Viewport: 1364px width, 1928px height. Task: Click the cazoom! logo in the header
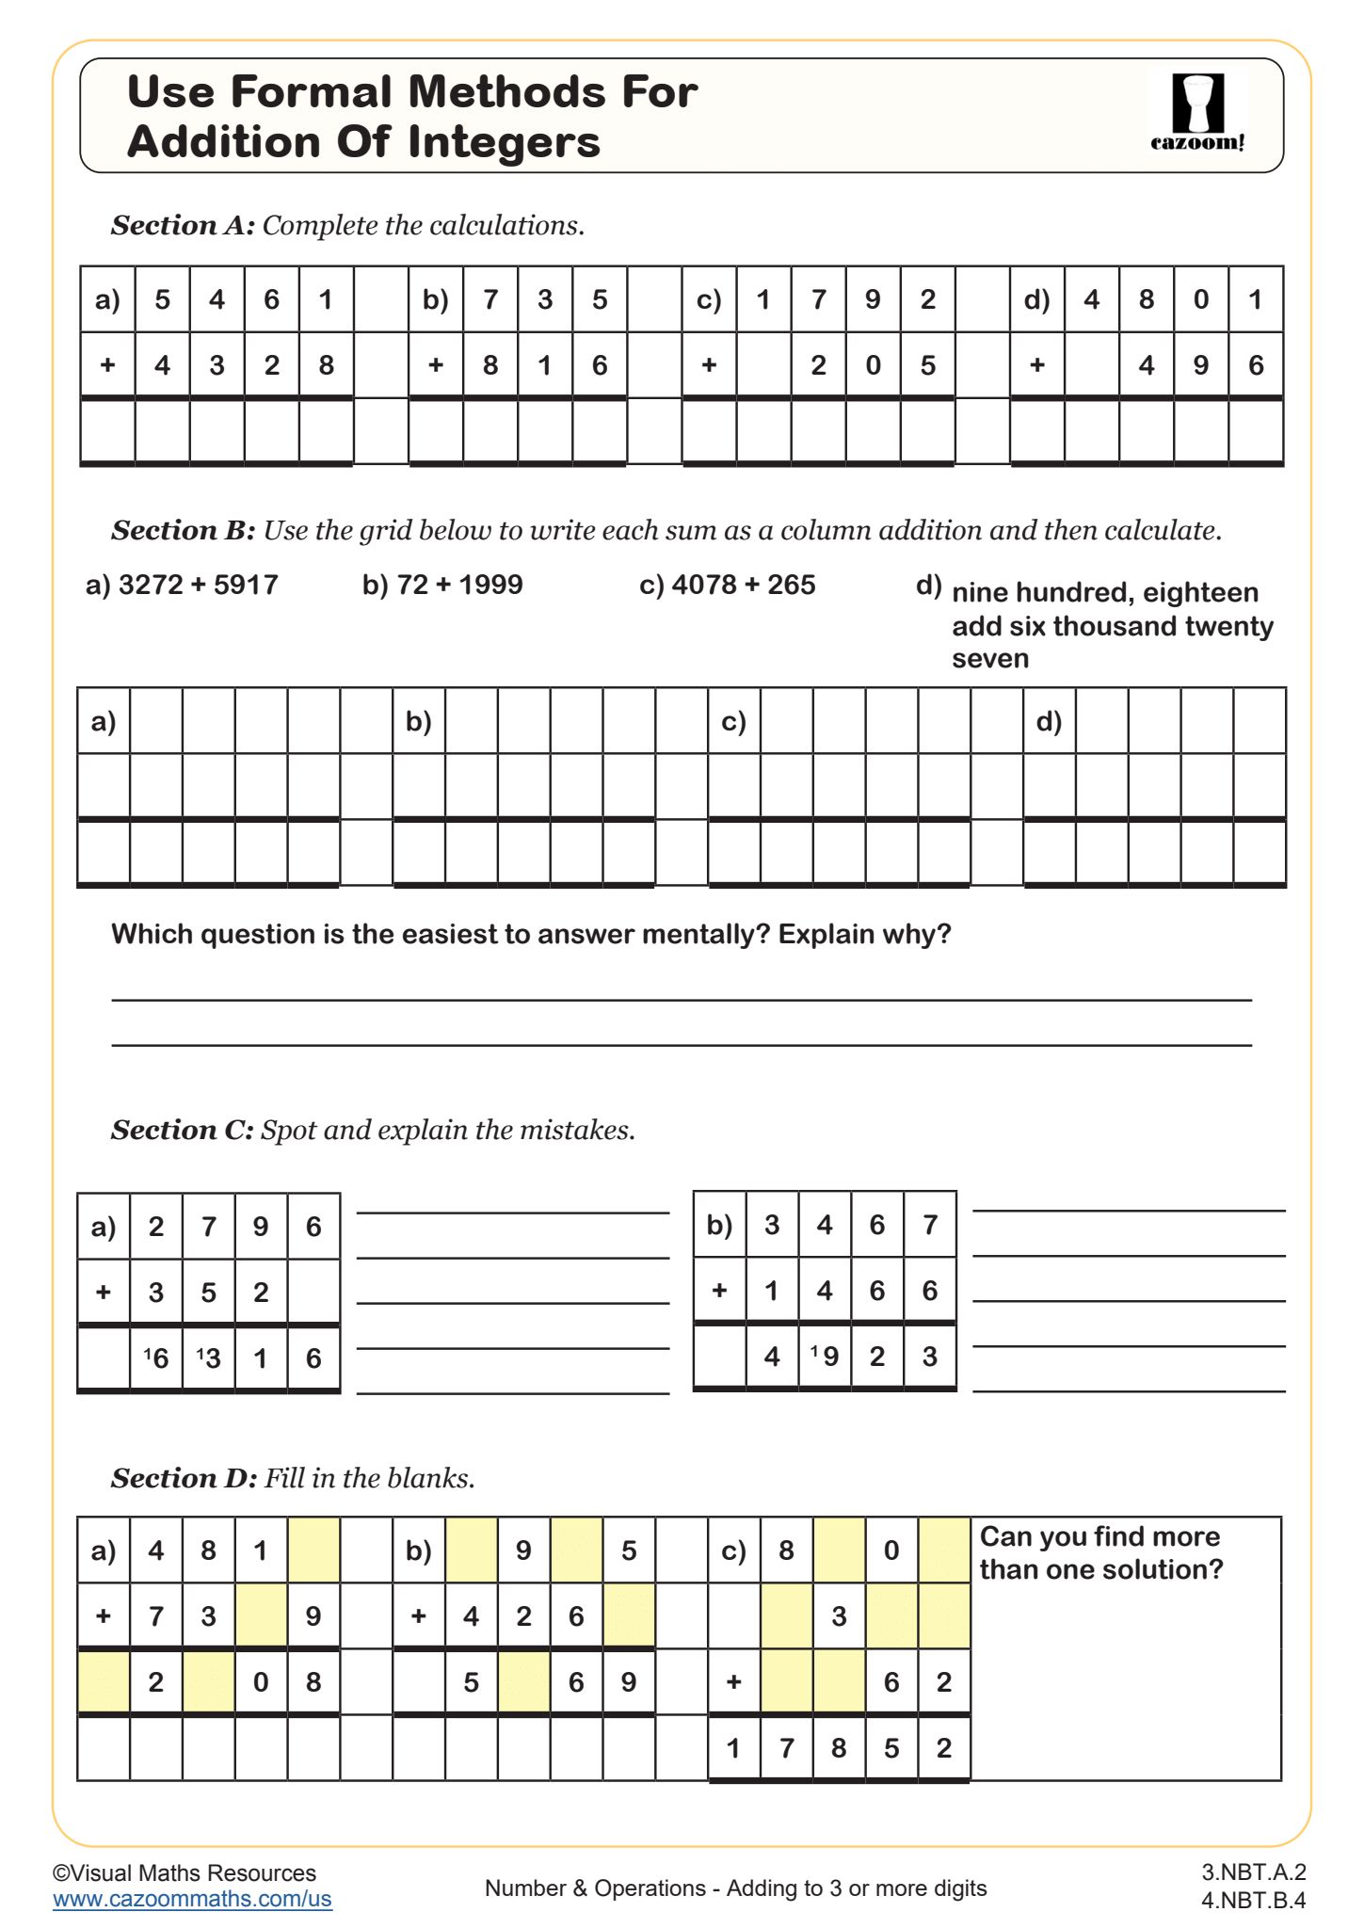1197,112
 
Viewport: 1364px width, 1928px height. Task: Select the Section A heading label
183,225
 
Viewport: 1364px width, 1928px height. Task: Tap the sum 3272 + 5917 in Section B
182,585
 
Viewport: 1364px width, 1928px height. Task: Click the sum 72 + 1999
442,585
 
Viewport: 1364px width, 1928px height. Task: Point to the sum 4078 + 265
727,585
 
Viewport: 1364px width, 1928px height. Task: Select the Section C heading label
183,1130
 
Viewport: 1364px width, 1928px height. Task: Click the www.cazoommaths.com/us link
192,1899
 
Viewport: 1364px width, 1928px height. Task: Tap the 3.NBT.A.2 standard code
1253,1872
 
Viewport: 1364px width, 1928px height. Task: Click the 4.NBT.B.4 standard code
1253,1900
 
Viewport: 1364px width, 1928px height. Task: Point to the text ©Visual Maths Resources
185,1872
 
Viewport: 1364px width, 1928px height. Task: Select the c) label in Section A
709,300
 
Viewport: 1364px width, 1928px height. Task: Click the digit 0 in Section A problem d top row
1201,300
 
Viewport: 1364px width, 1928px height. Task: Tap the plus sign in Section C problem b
719,1290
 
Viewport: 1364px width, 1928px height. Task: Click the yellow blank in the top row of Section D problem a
313,1550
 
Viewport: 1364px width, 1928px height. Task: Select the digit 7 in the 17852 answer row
787,1748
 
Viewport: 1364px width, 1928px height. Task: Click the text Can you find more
1099,1536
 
